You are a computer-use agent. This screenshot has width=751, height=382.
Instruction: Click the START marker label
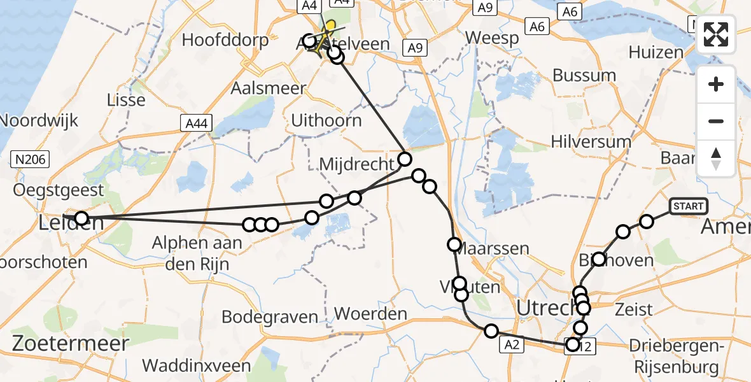(688, 206)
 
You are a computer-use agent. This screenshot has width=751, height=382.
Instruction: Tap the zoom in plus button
(716, 85)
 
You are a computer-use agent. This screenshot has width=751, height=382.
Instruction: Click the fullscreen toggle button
(716, 34)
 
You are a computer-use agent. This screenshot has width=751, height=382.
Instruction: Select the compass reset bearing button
(716, 159)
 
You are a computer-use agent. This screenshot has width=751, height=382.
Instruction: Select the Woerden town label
(370, 314)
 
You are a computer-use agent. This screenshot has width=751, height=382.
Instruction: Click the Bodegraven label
(270, 316)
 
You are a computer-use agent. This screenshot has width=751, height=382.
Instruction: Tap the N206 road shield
(31, 159)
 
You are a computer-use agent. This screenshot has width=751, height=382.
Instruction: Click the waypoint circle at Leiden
(81, 219)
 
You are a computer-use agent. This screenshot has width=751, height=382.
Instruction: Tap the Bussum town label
(584, 75)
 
